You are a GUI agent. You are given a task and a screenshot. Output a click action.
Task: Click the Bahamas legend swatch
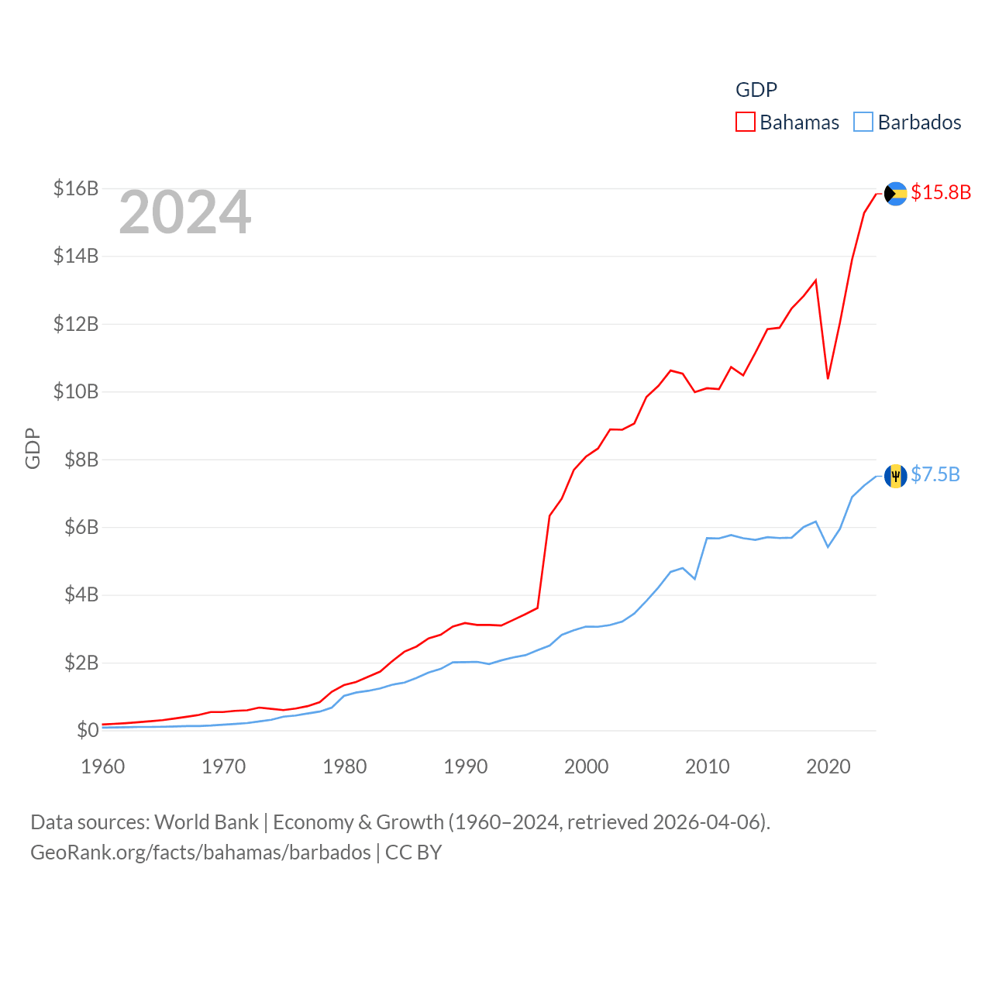(746, 122)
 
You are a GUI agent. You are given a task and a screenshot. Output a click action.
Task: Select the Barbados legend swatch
(863, 122)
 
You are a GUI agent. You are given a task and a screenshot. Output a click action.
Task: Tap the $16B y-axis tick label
(76, 188)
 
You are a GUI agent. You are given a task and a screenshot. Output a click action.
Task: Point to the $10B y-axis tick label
(76, 392)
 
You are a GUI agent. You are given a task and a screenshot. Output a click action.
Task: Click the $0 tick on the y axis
(88, 730)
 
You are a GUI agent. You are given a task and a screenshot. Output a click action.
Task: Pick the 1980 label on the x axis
(345, 766)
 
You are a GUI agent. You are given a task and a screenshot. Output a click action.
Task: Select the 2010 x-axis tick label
(708, 766)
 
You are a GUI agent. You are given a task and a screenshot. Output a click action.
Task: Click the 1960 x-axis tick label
(103, 766)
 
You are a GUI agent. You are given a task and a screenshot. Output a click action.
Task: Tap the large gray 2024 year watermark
(185, 212)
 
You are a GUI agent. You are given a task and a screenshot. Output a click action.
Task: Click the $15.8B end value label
(941, 192)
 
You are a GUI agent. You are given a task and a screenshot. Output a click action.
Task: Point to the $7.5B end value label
(935, 474)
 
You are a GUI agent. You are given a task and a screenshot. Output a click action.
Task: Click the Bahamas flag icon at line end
(896, 194)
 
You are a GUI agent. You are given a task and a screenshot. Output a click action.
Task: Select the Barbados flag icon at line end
(896, 476)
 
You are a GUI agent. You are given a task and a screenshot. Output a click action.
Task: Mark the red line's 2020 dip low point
(828, 378)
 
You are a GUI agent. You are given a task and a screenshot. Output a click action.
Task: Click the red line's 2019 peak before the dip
(816, 281)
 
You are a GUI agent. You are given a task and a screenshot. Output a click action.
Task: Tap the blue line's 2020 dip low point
(828, 546)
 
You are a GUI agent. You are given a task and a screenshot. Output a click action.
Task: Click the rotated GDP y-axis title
(33, 448)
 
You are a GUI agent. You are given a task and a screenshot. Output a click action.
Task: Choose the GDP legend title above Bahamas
(756, 90)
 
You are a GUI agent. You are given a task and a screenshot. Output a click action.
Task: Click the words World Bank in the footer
(206, 821)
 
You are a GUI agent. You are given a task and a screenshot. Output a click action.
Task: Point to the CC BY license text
(413, 852)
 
